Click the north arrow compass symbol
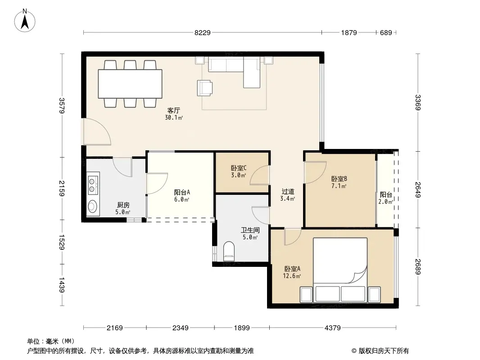point(25,21)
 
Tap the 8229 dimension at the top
point(202,32)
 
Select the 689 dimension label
point(386,32)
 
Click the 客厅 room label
point(173,110)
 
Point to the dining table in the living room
point(130,84)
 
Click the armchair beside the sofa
point(204,88)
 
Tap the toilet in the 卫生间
point(229,251)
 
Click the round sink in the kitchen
point(92,207)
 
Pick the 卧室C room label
point(239,168)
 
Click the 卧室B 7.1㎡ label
point(339,182)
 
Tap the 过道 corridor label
point(288,191)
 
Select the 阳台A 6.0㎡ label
point(182,196)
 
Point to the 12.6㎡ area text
point(292,276)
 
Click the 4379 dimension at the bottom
point(332,328)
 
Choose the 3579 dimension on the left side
point(62,105)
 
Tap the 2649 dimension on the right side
point(418,189)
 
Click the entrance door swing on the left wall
point(97,131)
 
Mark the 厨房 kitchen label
point(123,205)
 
